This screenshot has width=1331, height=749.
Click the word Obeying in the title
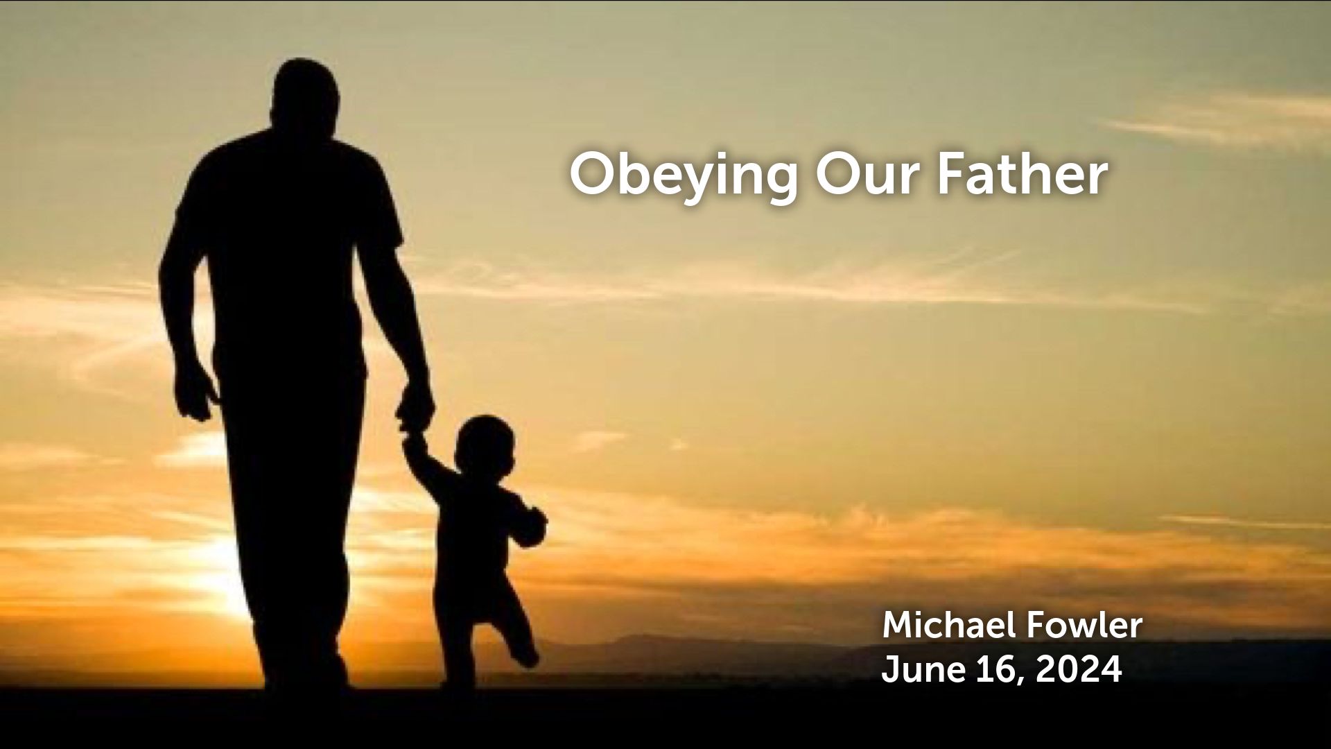point(683,177)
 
